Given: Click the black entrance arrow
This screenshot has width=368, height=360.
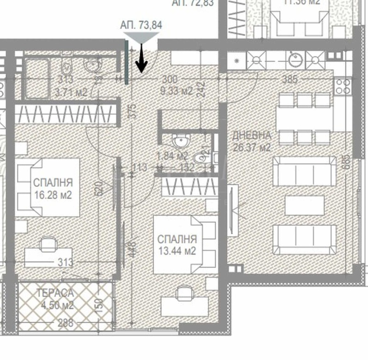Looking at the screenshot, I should pos(141,60).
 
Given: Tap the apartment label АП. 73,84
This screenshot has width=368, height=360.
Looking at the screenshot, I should pos(141,25).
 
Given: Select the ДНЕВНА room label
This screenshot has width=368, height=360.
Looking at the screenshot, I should pos(252,136).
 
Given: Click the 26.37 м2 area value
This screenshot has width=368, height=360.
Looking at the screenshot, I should pos(252,148).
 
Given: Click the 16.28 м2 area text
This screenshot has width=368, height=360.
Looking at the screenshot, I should pos(53,194).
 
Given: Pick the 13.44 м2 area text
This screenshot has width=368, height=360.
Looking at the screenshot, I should pos(177,251).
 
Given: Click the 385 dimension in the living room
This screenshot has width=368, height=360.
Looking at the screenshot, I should pos(290,80).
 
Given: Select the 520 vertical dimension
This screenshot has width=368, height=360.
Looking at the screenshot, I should pos(98,188).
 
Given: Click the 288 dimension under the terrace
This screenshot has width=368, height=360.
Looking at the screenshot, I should pos(65,323).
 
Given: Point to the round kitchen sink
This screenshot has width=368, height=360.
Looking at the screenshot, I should pos(294,58).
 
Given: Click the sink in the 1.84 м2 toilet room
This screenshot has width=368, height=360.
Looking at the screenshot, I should pos(181,141).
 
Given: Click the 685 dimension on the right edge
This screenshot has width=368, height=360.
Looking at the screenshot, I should pos(348,162).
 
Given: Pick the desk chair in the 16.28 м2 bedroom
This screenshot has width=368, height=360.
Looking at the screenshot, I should pos(46,244).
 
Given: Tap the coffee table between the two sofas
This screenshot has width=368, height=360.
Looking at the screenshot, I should pos(304,205).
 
